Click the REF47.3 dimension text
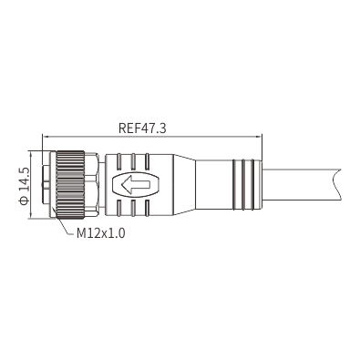[x=142, y=128]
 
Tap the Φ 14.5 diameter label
[x=24, y=186]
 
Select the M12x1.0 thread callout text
[x=100, y=233]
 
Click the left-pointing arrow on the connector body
[x=136, y=184]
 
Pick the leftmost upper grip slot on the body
[x=119, y=161]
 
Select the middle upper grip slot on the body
[x=133, y=161]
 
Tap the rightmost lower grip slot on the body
[x=147, y=208]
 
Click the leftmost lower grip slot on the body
[x=119, y=208]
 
